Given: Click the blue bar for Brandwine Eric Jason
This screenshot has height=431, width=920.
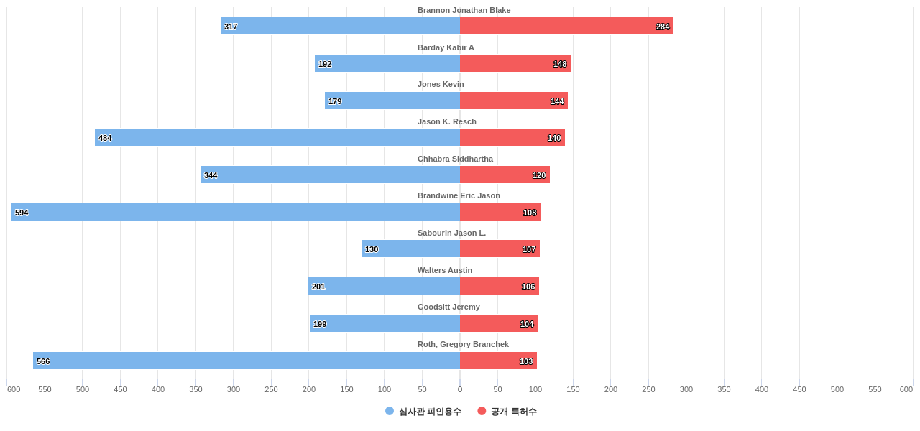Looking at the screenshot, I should tap(236, 212).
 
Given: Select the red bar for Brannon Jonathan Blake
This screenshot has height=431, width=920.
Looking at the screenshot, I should tap(566, 26).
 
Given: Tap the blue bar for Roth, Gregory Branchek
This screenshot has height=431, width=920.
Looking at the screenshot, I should tap(247, 361).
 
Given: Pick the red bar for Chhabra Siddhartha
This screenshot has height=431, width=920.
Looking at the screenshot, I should tap(505, 175).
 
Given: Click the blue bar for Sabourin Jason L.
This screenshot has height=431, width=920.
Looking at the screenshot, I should tap(410, 249).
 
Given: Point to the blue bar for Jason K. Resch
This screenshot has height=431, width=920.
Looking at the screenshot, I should tap(277, 137).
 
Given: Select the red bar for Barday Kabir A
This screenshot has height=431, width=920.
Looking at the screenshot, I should tap(515, 63).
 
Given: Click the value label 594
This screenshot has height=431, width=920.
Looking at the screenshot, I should tap(22, 213).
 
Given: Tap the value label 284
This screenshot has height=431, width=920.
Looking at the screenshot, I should tap(663, 27).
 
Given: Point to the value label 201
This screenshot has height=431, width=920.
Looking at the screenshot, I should tap(318, 287).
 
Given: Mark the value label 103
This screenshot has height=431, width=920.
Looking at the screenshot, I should tap(526, 361).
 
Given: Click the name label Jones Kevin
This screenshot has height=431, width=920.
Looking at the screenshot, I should tap(441, 84).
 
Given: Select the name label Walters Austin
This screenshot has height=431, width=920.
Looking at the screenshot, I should tap(445, 270).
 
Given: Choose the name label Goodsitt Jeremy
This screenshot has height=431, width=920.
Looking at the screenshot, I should tap(448, 307).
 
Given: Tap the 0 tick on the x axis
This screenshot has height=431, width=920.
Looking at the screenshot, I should tap(460, 389).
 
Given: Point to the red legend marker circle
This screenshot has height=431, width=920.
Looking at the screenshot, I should tap(482, 411).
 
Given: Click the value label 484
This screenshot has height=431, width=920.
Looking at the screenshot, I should tap(105, 138).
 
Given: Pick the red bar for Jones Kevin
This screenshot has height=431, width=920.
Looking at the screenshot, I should tap(514, 101).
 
